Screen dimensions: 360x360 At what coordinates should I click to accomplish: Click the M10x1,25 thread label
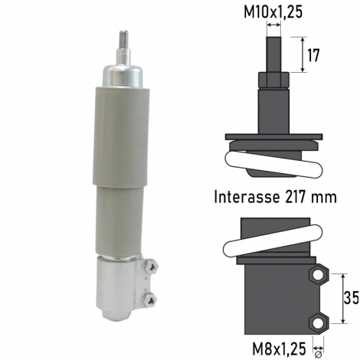pos(273,12)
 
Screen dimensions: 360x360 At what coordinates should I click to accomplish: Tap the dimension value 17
pos(313,56)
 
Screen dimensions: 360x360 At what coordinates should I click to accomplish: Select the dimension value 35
pos(352,297)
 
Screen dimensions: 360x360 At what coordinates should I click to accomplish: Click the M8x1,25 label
pos(279,349)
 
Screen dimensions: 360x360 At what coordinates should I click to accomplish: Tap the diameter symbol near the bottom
pos(318,355)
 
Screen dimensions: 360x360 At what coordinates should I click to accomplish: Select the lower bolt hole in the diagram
pos(317,323)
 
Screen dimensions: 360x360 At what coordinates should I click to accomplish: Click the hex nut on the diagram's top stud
pos(273,80)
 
